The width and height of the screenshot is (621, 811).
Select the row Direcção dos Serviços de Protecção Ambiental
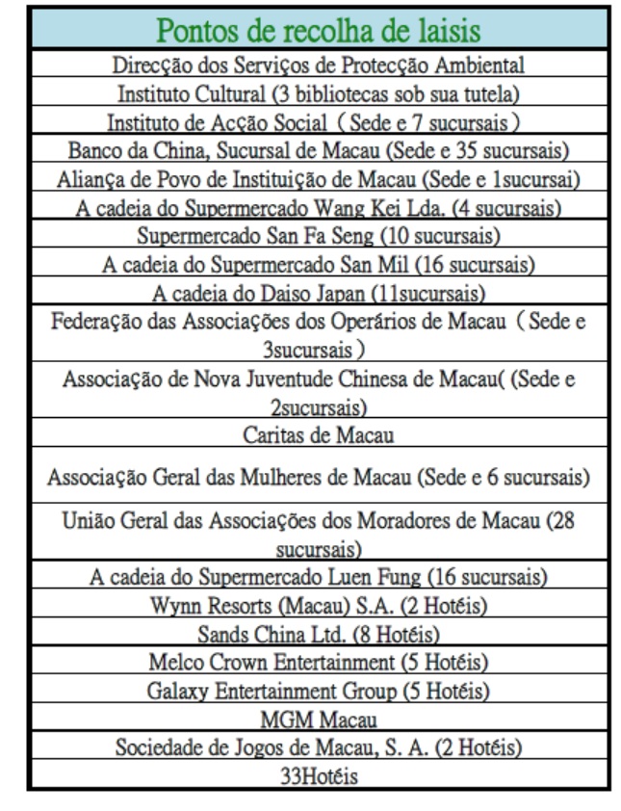(x=318, y=66)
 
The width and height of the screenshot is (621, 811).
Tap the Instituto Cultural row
(x=318, y=94)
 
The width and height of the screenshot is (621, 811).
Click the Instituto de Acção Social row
(x=318, y=122)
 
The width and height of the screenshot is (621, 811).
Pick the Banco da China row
(x=318, y=150)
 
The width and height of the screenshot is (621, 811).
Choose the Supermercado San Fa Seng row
(x=318, y=235)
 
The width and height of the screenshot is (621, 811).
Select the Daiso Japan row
(x=318, y=291)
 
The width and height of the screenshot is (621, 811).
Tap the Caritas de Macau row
(x=318, y=434)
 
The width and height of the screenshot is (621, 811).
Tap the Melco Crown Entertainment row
(x=318, y=663)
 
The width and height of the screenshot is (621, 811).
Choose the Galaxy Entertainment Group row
(x=318, y=691)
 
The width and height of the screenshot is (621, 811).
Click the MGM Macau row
(x=318, y=719)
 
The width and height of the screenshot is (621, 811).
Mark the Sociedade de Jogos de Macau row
(x=318, y=746)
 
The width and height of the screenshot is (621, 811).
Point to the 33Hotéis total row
(x=318, y=774)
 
